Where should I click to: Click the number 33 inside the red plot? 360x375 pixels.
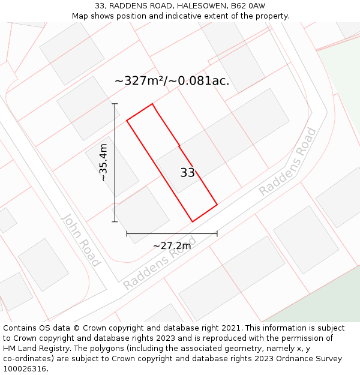187,173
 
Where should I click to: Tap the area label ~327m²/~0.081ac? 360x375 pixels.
172,81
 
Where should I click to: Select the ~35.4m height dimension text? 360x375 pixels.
103,162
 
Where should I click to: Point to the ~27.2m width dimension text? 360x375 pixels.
172,245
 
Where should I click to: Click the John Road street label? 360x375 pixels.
80,239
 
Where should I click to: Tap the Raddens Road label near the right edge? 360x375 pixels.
288,161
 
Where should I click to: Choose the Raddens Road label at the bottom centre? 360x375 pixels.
159,263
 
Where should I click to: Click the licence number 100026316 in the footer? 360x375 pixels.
25,369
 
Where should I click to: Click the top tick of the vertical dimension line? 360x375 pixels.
115,104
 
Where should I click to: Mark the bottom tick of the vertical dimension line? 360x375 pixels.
115,221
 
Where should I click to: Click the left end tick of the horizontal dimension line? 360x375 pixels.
127,233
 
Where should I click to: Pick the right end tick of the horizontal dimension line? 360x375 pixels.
217,233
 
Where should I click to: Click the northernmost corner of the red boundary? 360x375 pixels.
152,104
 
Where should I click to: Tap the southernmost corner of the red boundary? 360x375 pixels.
192,222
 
